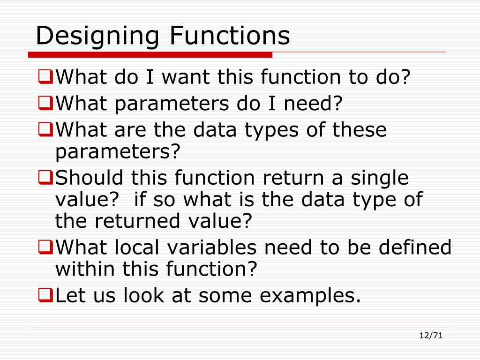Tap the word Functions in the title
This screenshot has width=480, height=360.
point(230,36)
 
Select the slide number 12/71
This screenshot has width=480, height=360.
point(431,335)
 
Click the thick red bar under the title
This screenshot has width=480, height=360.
point(150,55)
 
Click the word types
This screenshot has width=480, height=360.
point(270,130)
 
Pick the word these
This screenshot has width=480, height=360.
point(360,129)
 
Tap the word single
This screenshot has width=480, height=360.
point(378,179)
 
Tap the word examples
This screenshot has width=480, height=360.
point(310,296)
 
